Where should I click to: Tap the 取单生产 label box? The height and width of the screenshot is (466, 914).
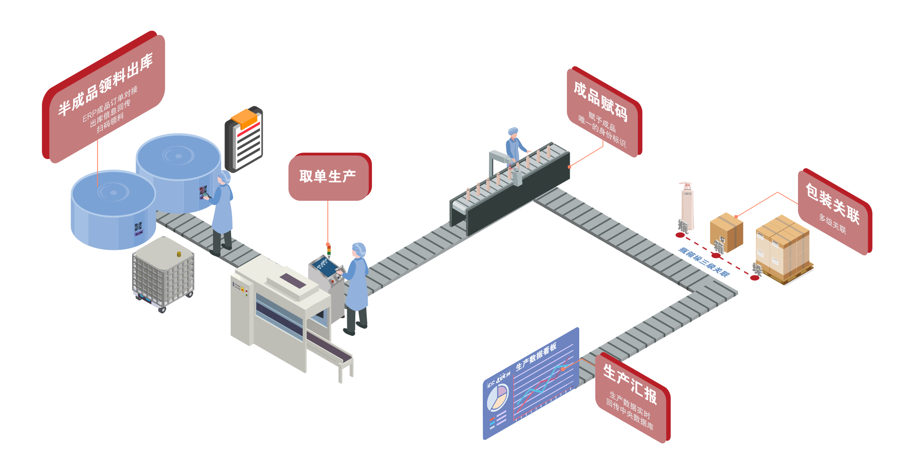click(328, 176)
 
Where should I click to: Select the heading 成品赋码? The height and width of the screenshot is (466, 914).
click(600, 100)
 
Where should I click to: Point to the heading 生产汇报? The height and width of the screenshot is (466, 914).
click(630, 384)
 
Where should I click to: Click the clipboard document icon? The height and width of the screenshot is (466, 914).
click(244, 139)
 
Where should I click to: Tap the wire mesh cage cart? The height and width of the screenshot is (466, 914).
click(163, 274)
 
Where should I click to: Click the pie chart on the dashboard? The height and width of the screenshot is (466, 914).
click(498, 398)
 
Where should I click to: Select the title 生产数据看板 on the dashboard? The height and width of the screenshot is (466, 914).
click(536, 357)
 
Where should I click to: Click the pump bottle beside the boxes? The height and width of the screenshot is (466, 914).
click(686, 205)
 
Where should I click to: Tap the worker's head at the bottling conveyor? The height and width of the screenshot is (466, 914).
click(513, 132)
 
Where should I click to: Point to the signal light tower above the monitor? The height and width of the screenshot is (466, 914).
click(328, 249)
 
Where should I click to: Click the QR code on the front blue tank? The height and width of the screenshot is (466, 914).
click(138, 228)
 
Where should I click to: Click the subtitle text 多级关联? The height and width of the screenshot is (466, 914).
click(832, 224)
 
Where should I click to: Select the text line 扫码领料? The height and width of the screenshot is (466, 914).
click(110, 123)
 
